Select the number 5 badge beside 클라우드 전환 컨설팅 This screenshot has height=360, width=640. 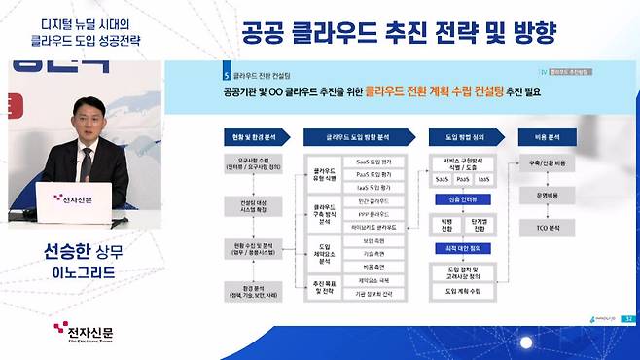226,72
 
